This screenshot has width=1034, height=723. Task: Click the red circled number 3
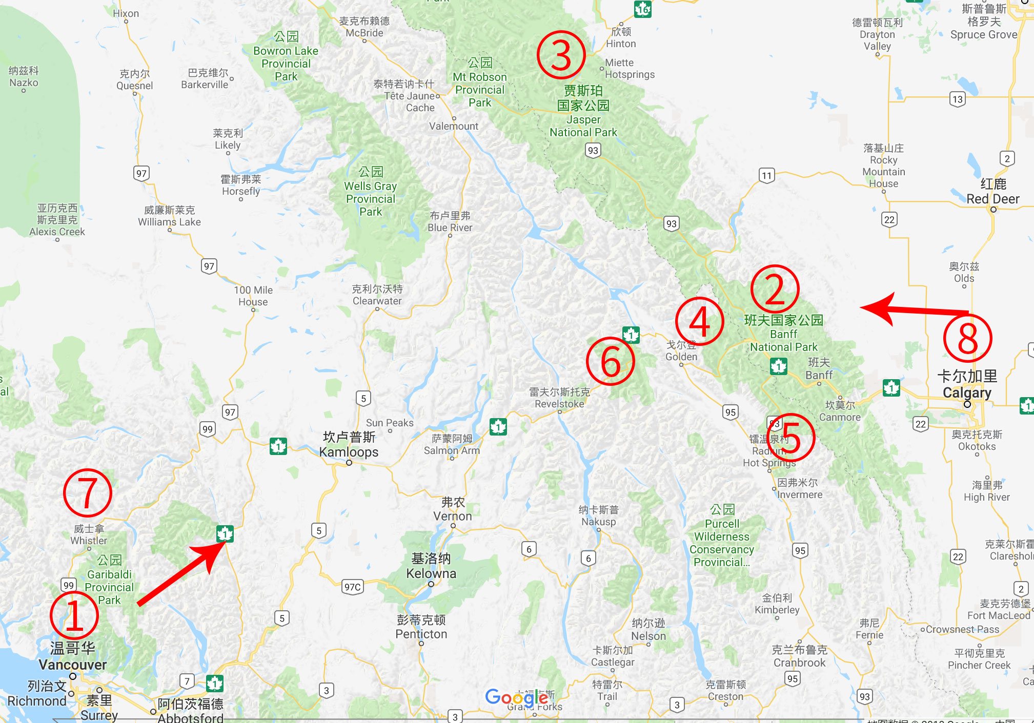coord(561,55)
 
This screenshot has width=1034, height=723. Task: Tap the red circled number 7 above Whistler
coord(87,493)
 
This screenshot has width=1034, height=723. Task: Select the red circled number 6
coord(610,361)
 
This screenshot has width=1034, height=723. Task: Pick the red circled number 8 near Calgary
coord(967,338)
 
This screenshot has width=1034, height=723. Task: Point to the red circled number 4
coord(699,321)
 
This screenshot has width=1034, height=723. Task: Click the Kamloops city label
coord(349,444)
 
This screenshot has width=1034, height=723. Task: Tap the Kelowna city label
coord(431,566)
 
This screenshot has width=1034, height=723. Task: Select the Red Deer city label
coord(992,192)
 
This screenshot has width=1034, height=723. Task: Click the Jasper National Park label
coord(583,111)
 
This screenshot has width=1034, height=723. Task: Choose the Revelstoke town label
coord(559,398)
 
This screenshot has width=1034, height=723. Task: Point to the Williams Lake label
coord(169,216)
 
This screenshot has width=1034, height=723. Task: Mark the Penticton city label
coord(421,627)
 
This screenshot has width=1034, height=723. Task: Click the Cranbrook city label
coord(799,656)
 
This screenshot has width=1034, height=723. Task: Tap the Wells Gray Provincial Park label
coord(371,192)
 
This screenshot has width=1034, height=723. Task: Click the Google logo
coord(517,697)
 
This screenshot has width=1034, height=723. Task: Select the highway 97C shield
coord(353,587)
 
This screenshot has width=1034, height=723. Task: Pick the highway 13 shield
coord(957,99)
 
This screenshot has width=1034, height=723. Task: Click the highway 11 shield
coord(766,176)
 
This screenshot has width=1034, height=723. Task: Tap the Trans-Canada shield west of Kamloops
coord(278,446)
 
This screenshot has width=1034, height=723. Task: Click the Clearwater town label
coord(377,295)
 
